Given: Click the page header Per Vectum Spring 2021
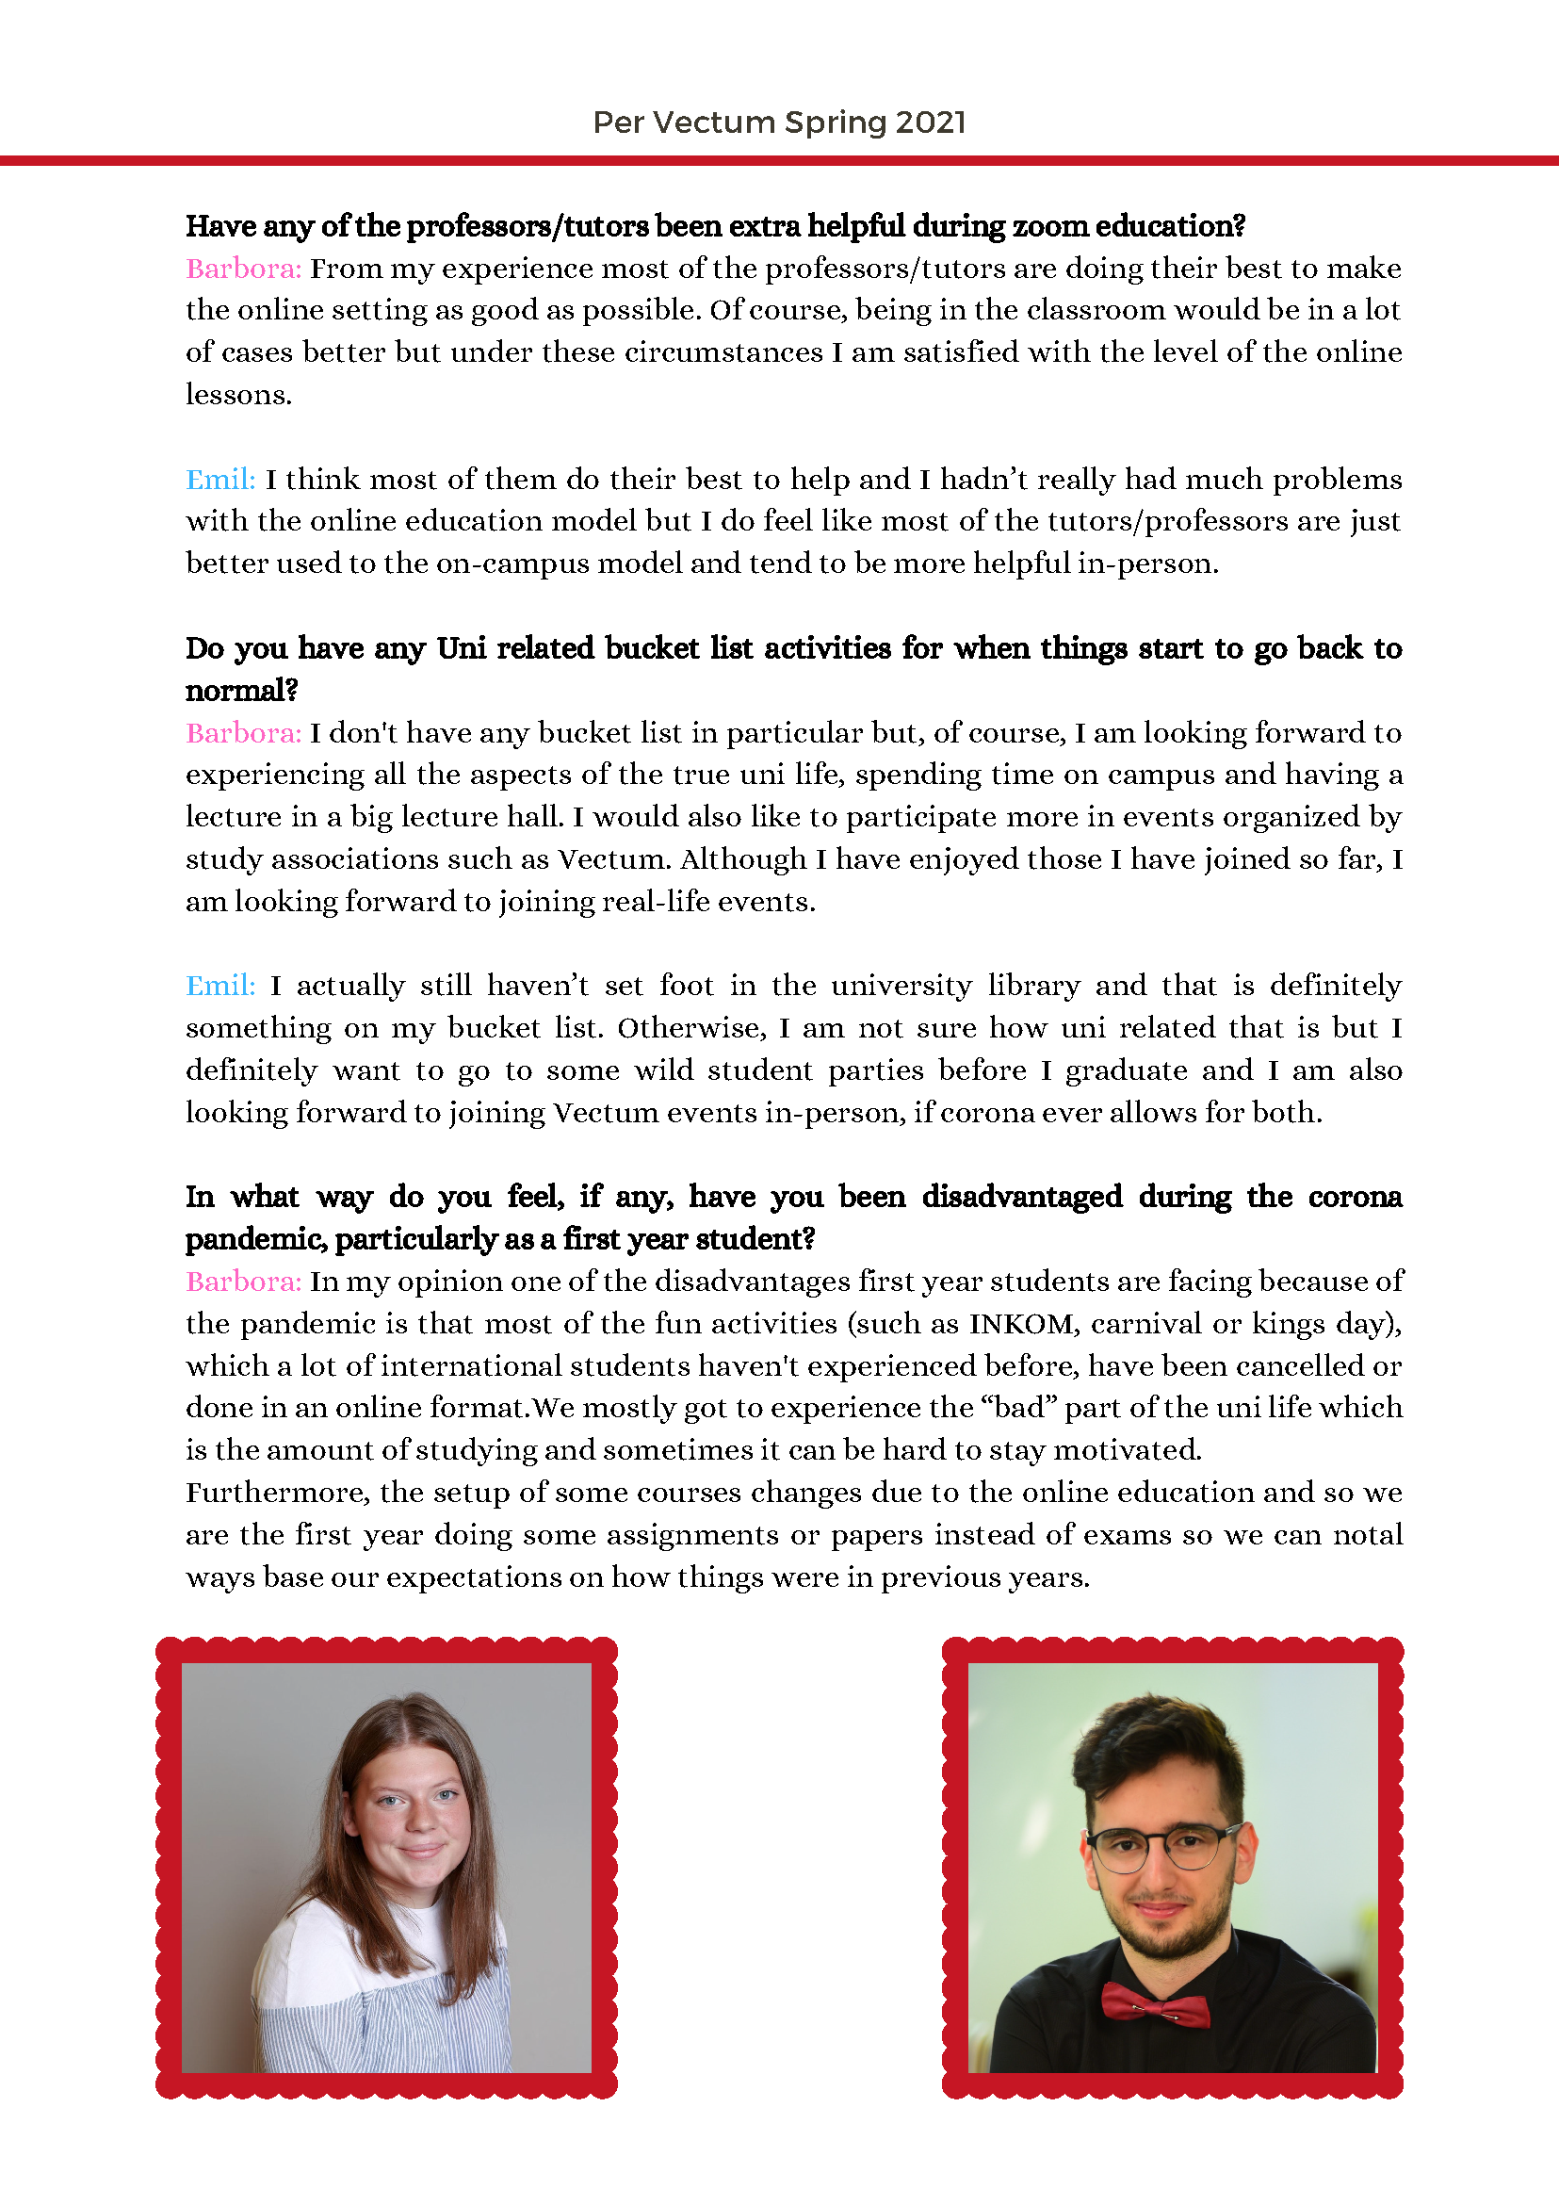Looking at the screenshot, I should [x=778, y=122].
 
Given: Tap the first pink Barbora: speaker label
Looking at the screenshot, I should [x=243, y=268].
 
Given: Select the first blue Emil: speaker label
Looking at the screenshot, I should [x=219, y=479].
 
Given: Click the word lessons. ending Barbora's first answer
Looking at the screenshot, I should [x=238, y=395].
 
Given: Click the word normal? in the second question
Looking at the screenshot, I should [x=242, y=690].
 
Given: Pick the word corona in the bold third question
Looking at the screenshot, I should [x=1355, y=1197].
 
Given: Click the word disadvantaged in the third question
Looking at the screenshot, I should [x=1021, y=1197].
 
